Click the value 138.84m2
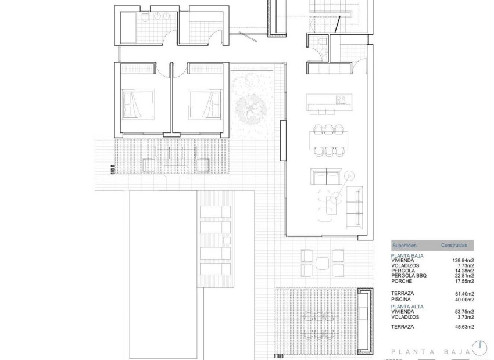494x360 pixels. [463, 260]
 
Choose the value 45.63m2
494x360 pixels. [464, 327]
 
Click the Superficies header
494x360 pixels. [404, 246]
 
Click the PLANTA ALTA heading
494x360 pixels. [407, 306]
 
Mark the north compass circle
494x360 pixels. [479, 348]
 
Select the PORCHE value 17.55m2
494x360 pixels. [464, 281]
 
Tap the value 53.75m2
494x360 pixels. [464, 312]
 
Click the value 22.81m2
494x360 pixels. [464, 276]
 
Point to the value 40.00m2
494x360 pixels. [464, 300]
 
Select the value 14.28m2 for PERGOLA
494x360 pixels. [464, 271]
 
